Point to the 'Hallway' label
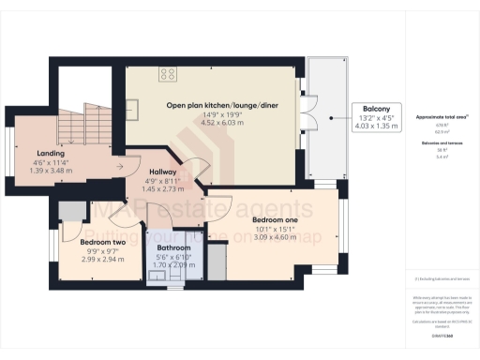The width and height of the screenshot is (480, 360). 164,172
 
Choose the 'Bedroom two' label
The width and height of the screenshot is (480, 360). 82,241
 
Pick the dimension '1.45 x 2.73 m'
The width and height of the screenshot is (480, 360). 164,187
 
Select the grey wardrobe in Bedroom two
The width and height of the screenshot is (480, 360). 67,212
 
